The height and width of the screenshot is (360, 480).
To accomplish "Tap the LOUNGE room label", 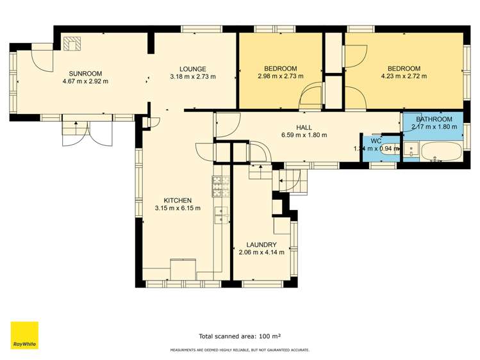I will [x=192, y=69].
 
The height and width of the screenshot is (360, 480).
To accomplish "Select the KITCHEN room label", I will [x=178, y=200].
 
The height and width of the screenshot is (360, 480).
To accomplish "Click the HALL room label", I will [x=304, y=127].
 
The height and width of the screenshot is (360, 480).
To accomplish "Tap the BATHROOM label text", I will [x=435, y=119].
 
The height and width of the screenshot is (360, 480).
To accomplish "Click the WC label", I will [x=376, y=140].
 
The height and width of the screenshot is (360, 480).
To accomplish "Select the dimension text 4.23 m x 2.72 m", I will [x=404, y=77].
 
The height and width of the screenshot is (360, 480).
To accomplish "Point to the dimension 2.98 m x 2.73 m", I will [x=281, y=77].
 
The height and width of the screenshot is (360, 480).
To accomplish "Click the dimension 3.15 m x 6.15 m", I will [x=178, y=208].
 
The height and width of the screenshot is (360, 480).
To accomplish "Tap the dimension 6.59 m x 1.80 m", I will [x=304, y=135].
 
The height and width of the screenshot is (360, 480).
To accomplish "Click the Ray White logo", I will [x=24, y=336].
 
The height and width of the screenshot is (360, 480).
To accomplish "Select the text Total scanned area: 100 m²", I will [x=240, y=336].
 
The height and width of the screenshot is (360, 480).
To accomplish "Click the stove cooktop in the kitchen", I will [x=221, y=186].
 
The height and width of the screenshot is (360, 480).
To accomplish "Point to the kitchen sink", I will [x=222, y=215].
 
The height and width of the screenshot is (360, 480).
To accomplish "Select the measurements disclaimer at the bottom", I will [x=240, y=350].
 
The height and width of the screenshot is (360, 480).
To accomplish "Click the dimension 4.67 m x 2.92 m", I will [x=85, y=81].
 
